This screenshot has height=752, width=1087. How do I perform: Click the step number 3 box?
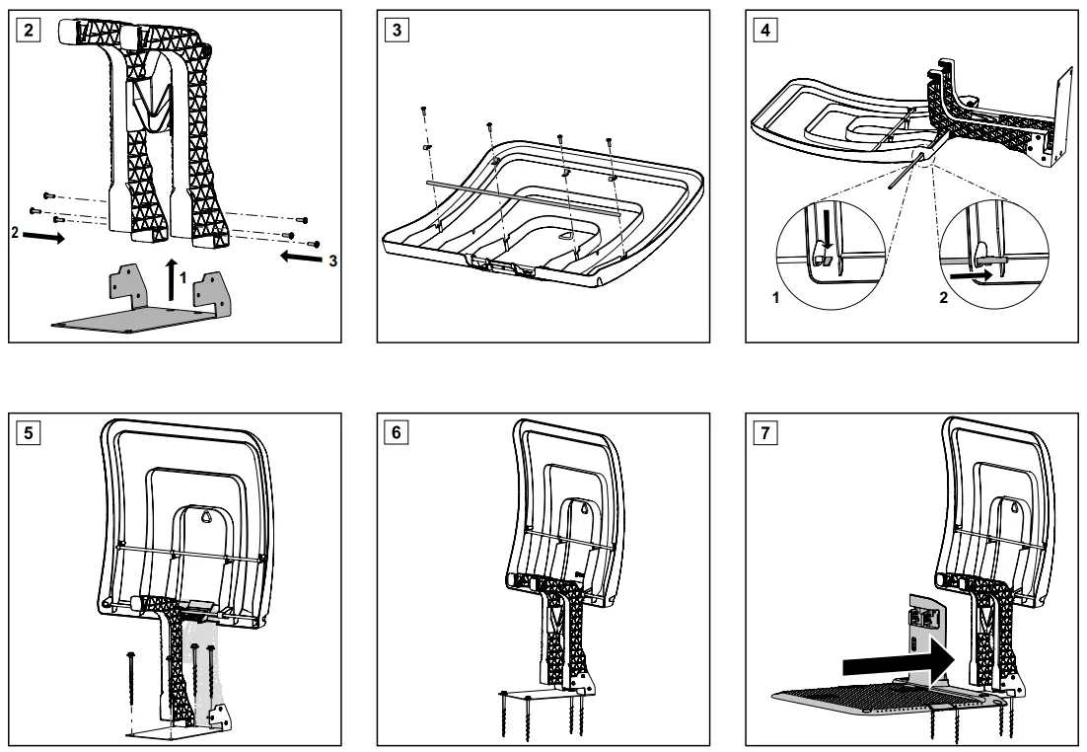(397, 28)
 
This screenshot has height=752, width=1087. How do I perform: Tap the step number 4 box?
(763, 28)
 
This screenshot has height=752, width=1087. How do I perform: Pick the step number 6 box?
(397, 431)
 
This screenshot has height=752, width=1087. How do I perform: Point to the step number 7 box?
(763, 431)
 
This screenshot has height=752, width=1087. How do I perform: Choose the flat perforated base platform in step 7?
(868, 701)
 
